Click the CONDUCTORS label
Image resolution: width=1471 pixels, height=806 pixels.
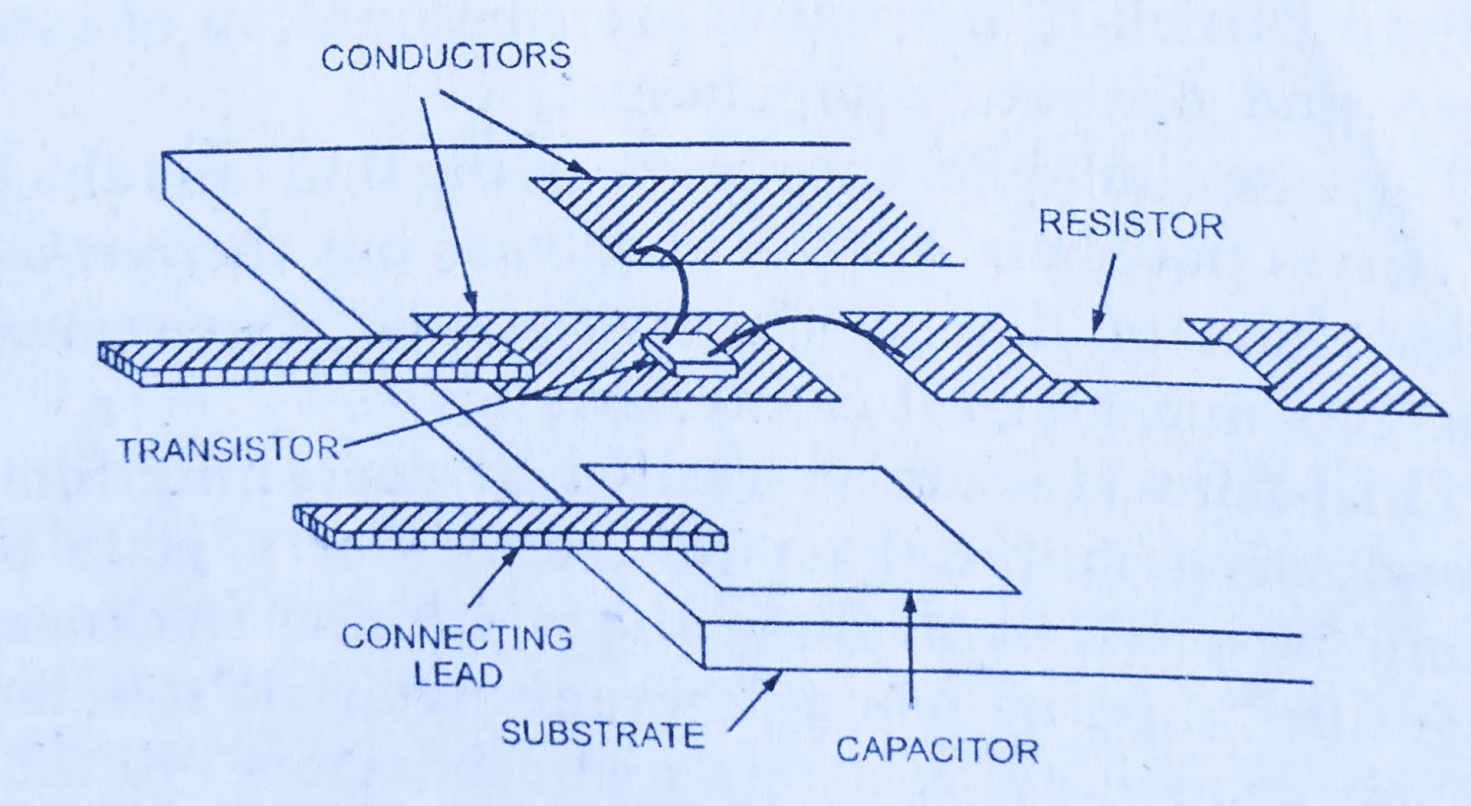pos(445,57)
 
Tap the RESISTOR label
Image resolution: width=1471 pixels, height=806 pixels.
pos(1130,225)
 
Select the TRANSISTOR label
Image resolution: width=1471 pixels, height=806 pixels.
pos(227,449)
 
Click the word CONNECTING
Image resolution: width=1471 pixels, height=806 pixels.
pos(456,637)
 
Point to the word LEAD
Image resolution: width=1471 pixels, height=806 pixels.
pos(457,675)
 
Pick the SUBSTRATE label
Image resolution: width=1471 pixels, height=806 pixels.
pos(602,734)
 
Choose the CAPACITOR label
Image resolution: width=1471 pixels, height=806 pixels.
pos(937,750)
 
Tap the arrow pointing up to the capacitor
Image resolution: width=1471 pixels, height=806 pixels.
pos(909,653)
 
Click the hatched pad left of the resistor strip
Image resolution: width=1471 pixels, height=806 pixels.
pos(956,358)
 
